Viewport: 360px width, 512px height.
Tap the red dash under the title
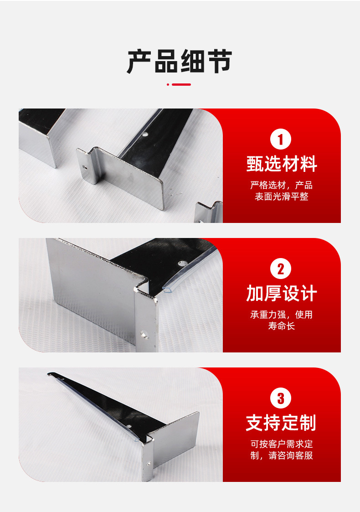click(x=180, y=84)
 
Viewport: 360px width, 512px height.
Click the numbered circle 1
click(x=281, y=139)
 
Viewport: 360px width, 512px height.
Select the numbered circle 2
click(x=281, y=269)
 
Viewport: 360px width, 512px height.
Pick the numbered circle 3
click(x=281, y=398)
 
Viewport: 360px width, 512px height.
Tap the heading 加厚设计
click(x=281, y=294)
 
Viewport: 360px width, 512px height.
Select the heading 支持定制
click(x=281, y=423)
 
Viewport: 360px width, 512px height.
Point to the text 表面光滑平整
click(x=281, y=197)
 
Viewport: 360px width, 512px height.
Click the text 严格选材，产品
click(x=281, y=185)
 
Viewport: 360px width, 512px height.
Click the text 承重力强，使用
click(x=281, y=315)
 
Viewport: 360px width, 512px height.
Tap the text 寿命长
click(x=281, y=326)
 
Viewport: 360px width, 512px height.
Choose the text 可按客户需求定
click(x=281, y=444)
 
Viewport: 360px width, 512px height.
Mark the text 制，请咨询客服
click(x=281, y=455)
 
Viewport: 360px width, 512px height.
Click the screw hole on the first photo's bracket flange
click(x=85, y=167)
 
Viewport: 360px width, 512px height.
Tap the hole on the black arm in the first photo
click(x=146, y=135)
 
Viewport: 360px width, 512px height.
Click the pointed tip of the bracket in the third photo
click(x=49, y=374)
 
